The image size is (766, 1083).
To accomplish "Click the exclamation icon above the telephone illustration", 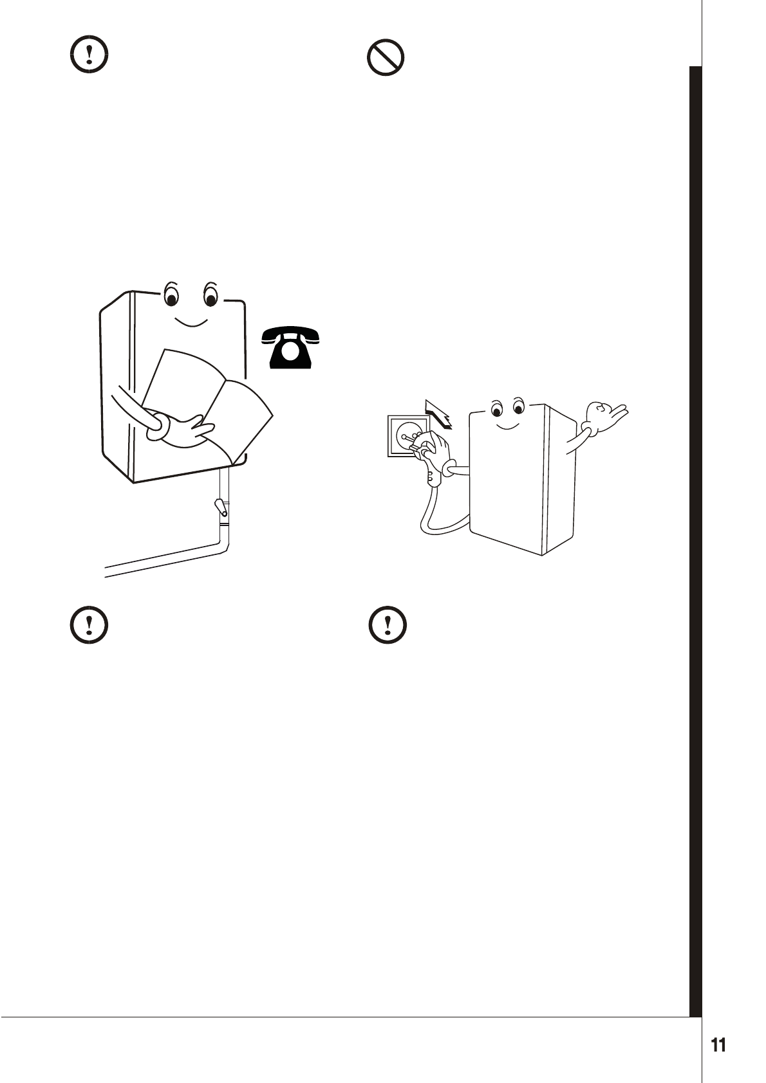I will click(88, 56).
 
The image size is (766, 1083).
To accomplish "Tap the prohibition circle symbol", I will click(385, 59).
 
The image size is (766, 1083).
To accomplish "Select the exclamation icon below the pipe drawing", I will click(88, 624).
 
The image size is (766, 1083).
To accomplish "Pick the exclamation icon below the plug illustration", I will click(388, 624).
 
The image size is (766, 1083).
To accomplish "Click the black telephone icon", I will click(291, 348).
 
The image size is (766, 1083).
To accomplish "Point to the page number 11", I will click(718, 1045).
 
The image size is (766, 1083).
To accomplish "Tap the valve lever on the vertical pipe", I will click(221, 507).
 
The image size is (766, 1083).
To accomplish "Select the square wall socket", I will click(406, 435).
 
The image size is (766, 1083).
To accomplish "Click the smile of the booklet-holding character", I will click(191, 322).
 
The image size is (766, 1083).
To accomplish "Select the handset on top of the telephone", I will click(291, 334).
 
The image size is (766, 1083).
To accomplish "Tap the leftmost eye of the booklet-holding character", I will click(171, 297).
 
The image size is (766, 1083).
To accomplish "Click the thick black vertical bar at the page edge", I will click(695, 540).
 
